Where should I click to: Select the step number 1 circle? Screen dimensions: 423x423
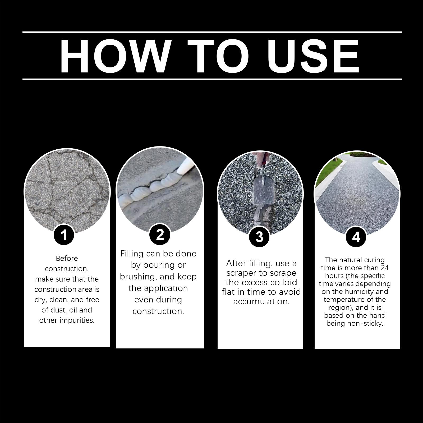click(64, 235)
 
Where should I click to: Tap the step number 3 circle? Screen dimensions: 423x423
click(259, 237)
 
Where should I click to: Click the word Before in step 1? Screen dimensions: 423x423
click(67, 258)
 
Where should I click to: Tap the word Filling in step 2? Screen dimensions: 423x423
click(132, 254)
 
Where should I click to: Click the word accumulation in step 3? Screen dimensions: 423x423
click(261, 301)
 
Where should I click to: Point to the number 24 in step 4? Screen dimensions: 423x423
click(385, 268)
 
